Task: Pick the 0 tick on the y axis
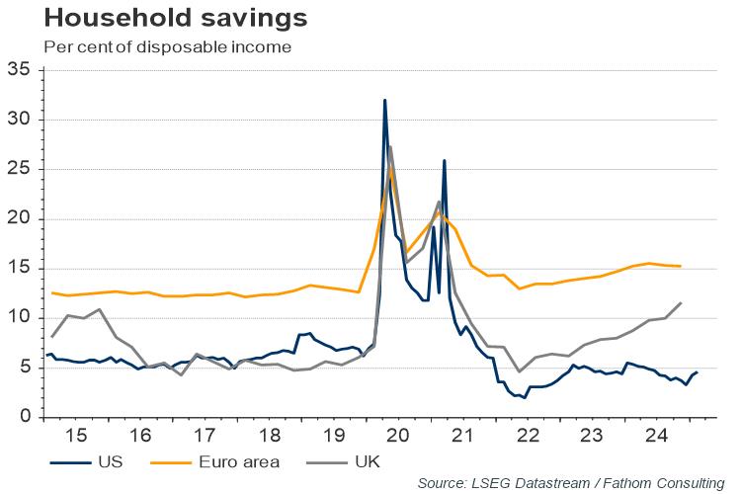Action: pyautogui.click(x=25, y=417)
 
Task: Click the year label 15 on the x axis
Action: pyautogui.click(x=77, y=436)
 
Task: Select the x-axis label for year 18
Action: pyautogui.click(x=270, y=436)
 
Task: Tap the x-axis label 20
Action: pyautogui.click(x=398, y=436)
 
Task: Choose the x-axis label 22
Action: pyautogui.click(x=527, y=436)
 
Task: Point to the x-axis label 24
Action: pyautogui.click(x=655, y=436)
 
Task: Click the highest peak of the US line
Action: pyautogui.click(x=384, y=100)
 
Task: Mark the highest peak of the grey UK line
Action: pyautogui.click(x=390, y=147)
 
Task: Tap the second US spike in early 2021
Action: pyautogui.click(x=445, y=160)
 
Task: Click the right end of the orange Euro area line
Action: pyautogui.click(x=681, y=266)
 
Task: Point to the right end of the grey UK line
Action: pyautogui.click(x=681, y=302)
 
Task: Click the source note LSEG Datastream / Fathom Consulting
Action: pyautogui.click(x=571, y=482)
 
